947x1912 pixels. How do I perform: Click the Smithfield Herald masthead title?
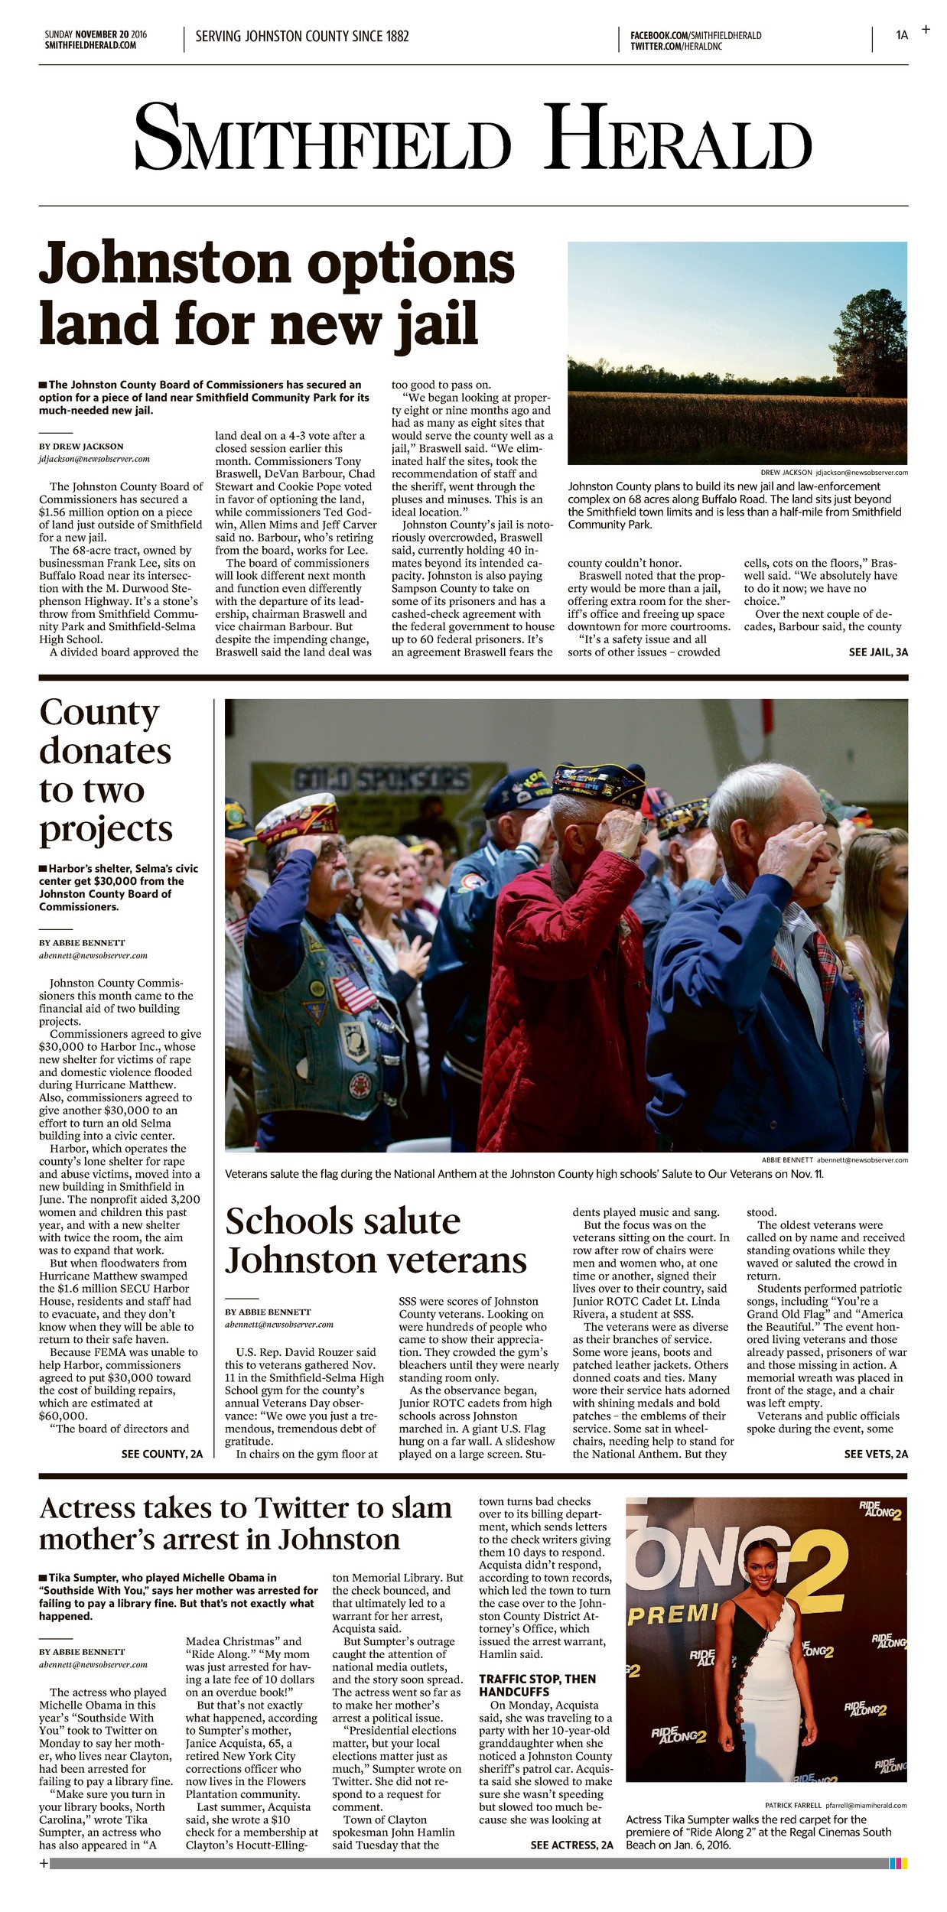tap(473, 138)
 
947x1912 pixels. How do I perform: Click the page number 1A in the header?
tap(902, 35)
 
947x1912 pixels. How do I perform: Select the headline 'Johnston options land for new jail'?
tap(276, 294)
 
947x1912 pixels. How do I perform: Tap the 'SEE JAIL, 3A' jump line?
tap(878, 652)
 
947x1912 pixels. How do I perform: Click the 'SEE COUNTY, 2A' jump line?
tap(162, 1454)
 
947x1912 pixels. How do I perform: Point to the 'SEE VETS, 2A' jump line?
tap(876, 1454)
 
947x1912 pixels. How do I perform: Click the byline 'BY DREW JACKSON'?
tap(81, 447)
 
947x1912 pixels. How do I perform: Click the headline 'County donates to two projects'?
tap(106, 771)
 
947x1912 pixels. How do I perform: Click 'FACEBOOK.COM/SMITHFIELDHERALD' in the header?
tap(695, 36)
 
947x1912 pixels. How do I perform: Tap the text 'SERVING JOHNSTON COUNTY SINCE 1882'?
tap(302, 37)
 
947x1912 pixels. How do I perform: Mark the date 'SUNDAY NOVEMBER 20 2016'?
tap(96, 34)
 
